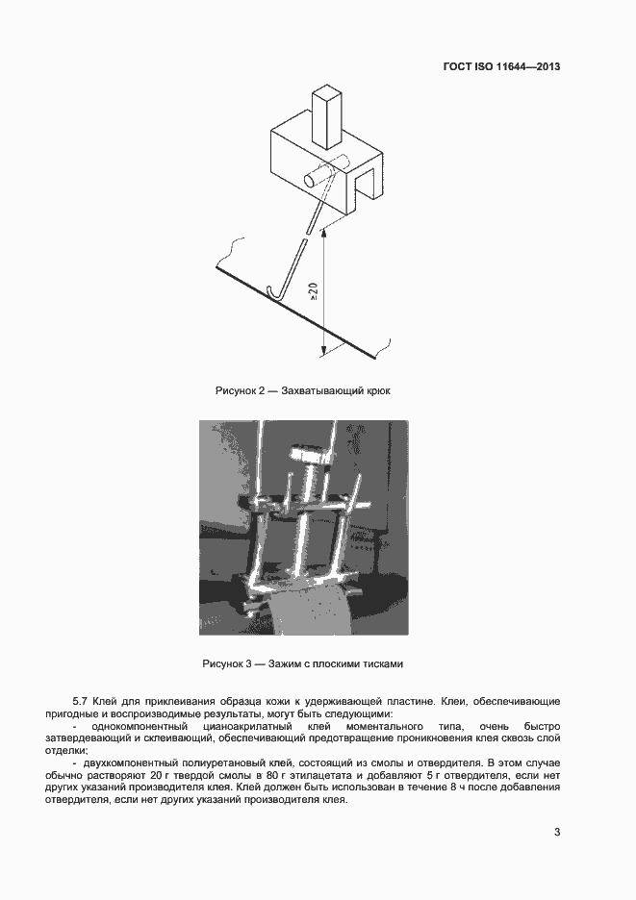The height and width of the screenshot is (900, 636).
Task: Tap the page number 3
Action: click(x=557, y=832)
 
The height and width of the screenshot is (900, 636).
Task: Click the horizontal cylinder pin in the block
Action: click(x=313, y=178)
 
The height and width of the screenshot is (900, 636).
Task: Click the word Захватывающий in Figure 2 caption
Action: click(x=321, y=391)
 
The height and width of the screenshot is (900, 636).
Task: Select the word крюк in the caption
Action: click(x=378, y=391)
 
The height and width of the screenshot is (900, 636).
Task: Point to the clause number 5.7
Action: click(x=81, y=702)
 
